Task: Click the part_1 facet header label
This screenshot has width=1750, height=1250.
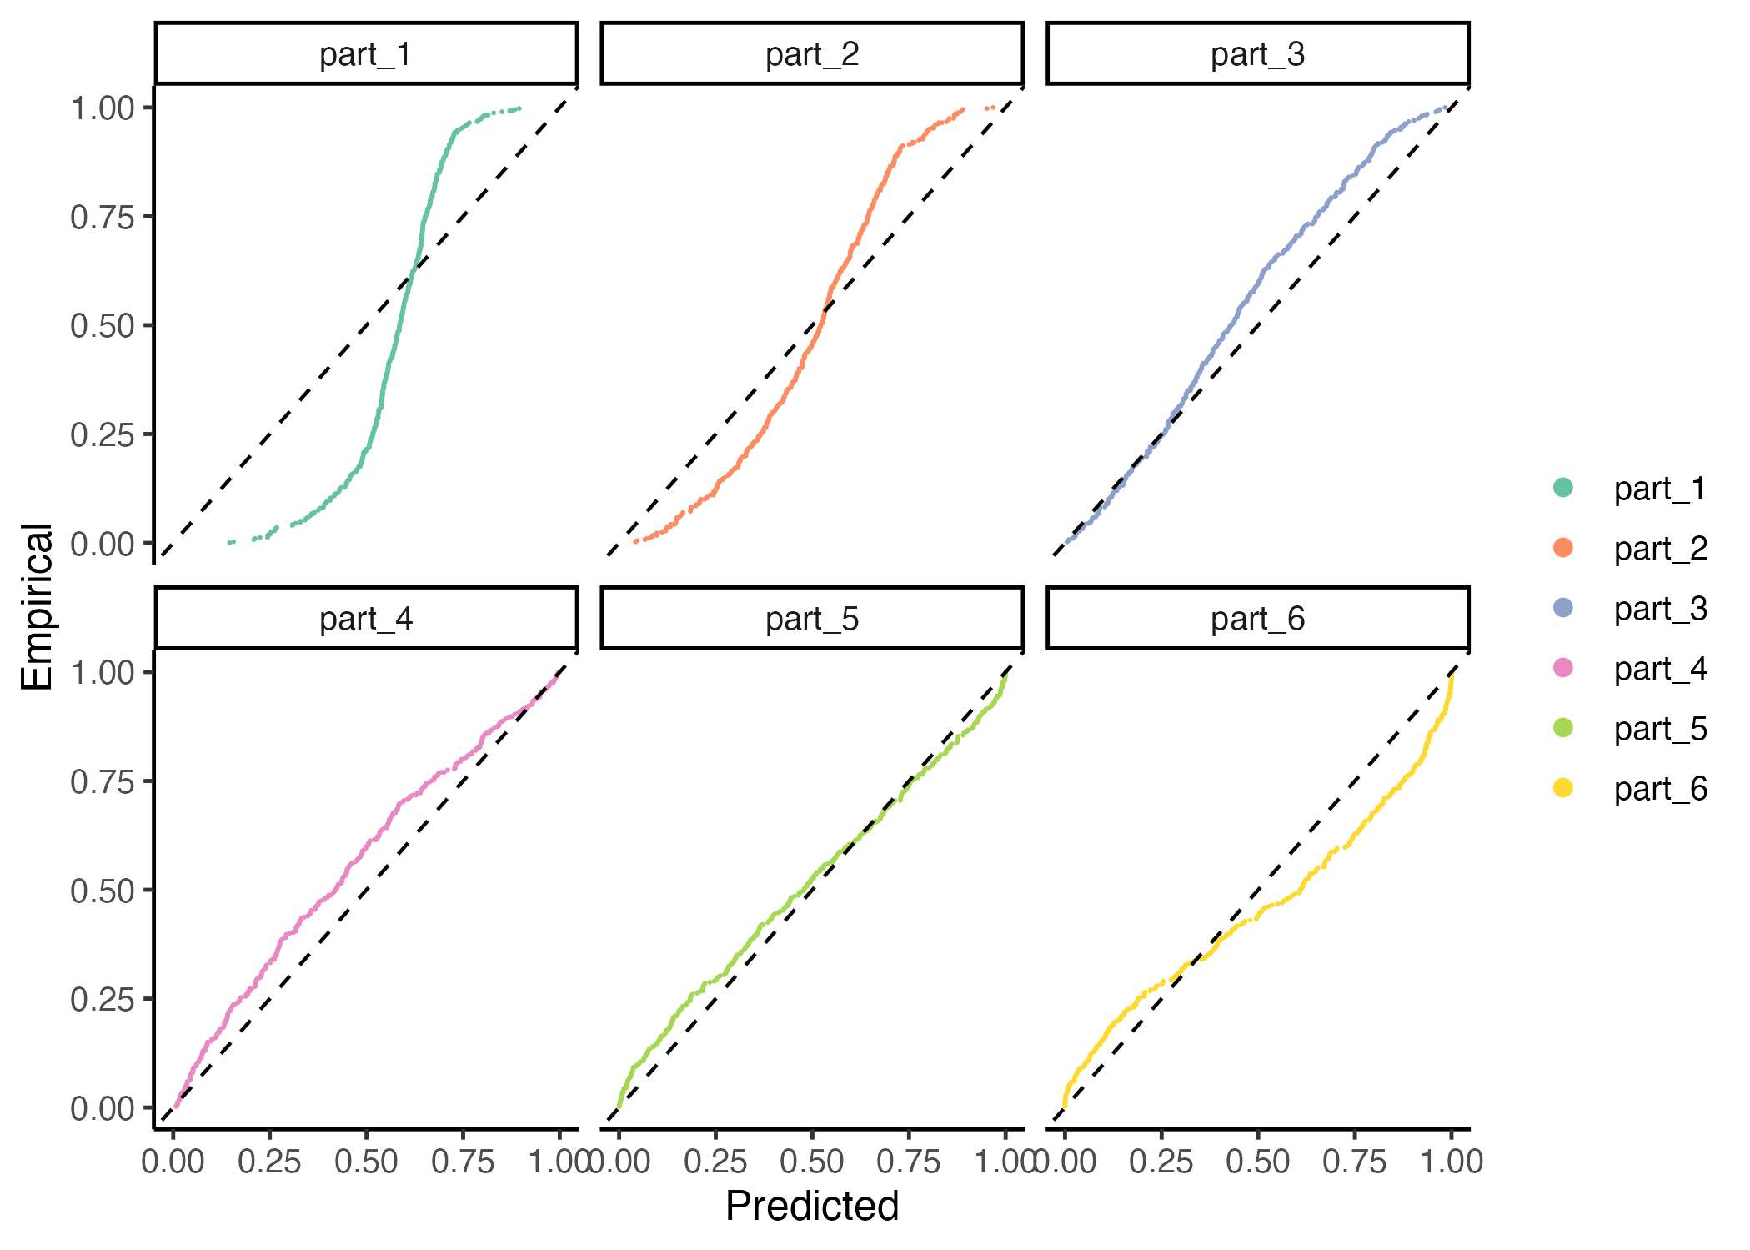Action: click(x=365, y=54)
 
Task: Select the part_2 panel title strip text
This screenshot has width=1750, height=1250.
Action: click(x=812, y=54)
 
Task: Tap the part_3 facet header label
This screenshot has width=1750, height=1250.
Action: click(x=1257, y=54)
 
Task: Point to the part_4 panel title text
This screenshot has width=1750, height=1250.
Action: click(x=365, y=619)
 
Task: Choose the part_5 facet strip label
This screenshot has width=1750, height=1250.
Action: click(x=812, y=619)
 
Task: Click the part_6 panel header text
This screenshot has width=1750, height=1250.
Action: click(x=1257, y=619)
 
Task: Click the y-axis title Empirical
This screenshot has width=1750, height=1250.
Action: click(x=38, y=607)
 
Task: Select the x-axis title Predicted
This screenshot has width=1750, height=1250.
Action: click(x=812, y=1206)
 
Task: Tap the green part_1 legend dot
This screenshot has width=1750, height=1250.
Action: click(x=1563, y=488)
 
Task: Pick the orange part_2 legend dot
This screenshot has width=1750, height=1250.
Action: click(x=1563, y=548)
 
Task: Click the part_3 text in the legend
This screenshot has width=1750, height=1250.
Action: click(x=1660, y=609)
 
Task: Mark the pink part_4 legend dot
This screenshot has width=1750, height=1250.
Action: click(x=1563, y=668)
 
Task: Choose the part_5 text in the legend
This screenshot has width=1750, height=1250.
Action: click(x=1660, y=729)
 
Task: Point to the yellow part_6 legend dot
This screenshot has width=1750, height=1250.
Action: click(x=1563, y=788)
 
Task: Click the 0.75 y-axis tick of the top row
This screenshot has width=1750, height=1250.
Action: click(x=102, y=218)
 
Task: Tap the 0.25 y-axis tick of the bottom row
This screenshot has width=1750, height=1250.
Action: click(x=102, y=999)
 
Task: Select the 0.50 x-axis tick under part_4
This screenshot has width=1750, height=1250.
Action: click(x=366, y=1161)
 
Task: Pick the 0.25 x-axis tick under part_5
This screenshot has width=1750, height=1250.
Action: click(x=715, y=1161)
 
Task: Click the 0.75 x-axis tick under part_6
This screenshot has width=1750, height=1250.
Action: click(x=1354, y=1161)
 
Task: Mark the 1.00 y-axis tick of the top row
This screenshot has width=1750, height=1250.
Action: click(x=102, y=108)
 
